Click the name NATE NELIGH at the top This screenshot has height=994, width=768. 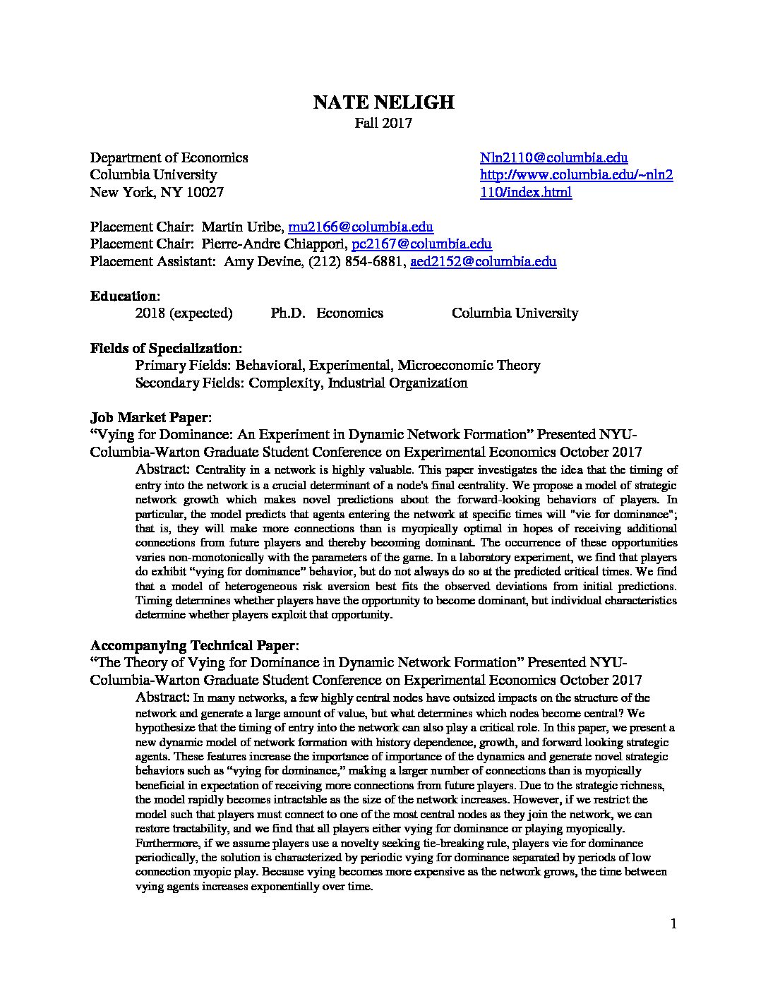tap(383, 103)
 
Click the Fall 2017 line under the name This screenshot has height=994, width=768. tap(383, 124)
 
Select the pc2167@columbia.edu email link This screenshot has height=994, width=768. tap(421, 244)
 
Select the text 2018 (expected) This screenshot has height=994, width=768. tap(184, 313)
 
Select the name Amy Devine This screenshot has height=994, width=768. tap(257, 262)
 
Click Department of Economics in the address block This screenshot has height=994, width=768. tap(169, 158)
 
